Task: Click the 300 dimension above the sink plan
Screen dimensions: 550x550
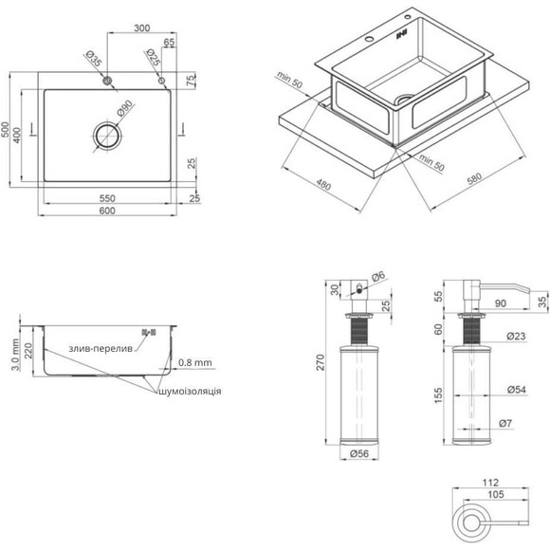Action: [141, 28]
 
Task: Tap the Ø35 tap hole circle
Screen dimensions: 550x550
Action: [107, 81]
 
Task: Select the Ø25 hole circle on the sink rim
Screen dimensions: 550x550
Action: [161, 81]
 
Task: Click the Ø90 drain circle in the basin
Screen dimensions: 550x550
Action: [107, 136]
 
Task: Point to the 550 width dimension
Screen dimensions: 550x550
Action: [107, 198]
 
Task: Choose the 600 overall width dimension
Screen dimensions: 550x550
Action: [107, 211]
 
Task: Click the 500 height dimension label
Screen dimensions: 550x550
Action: [5, 130]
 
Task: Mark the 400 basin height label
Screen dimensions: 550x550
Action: [17, 135]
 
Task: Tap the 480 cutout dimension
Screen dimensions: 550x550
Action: [323, 185]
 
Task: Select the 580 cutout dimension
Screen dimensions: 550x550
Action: [474, 179]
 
